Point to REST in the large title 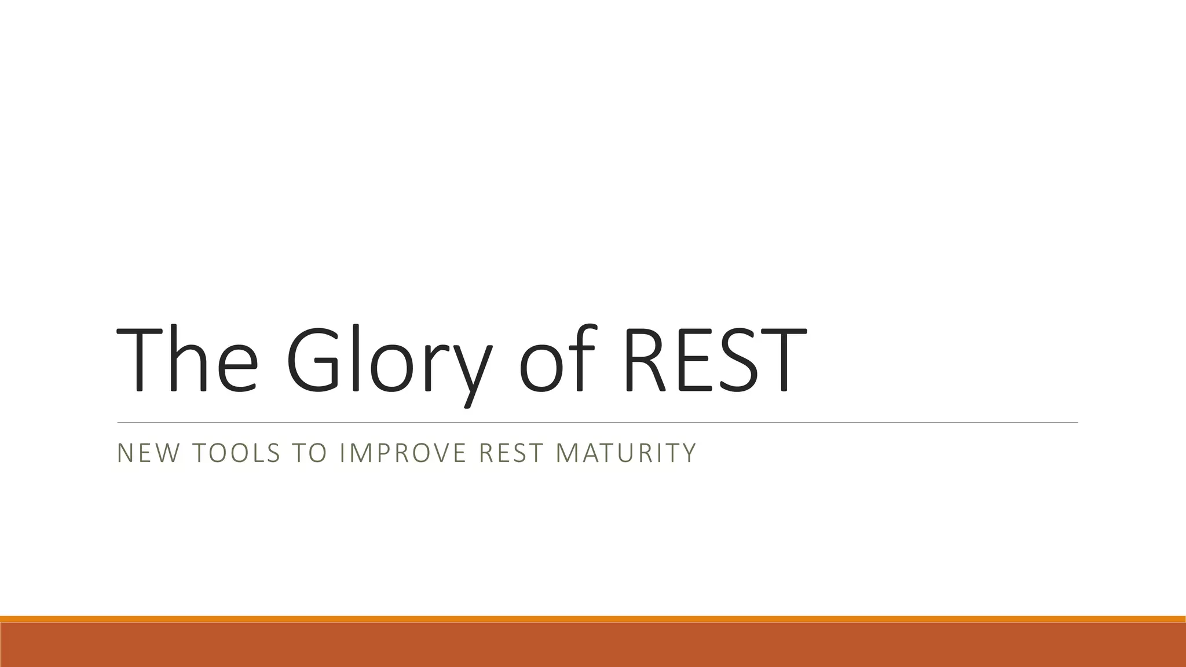point(715,360)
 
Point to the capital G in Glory point(315,360)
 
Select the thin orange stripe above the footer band point(593,619)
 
